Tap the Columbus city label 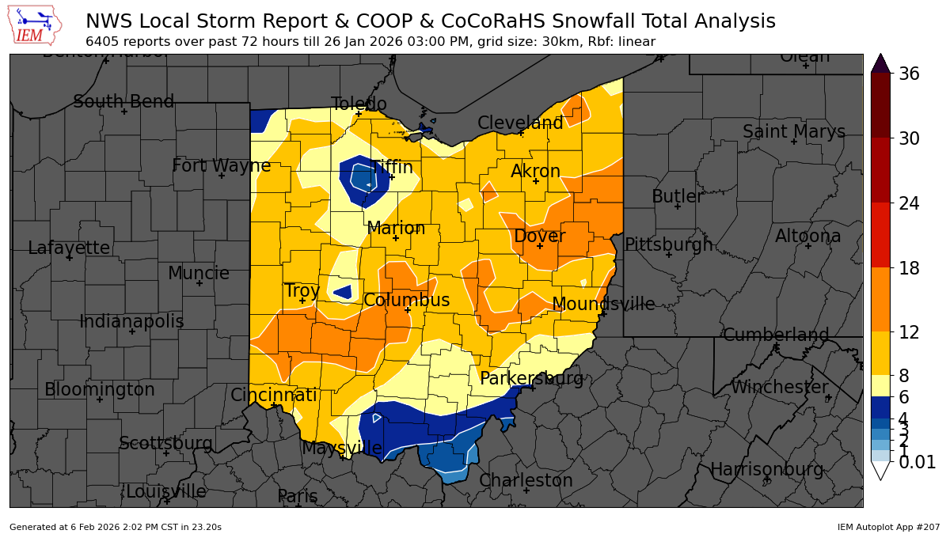tap(407, 301)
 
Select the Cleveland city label tap(520, 123)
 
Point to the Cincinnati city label tap(273, 395)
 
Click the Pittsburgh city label tap(668, 244)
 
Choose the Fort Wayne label tap(222, 166)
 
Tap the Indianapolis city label tap(131, 322)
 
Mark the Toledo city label tap(359, 104)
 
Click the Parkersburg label tap(531, 379)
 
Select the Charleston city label tap(526, 480)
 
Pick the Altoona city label tap(807, 236)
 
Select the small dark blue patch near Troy tap(344, 292)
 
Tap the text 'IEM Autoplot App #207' tap(888, 527)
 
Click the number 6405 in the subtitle tap(104, 42)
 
